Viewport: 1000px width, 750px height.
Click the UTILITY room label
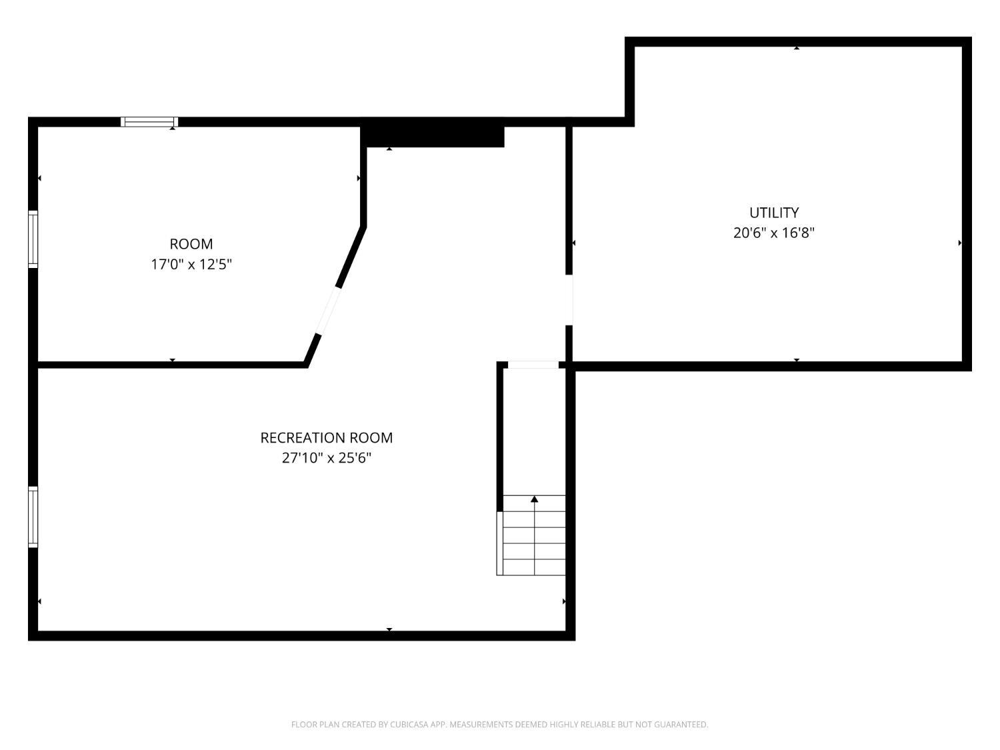point(774,213)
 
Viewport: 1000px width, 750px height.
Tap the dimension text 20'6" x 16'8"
point(774,233)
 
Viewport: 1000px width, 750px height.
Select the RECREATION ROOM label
point(327,438)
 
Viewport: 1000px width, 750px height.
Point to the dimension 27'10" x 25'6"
point(327,458)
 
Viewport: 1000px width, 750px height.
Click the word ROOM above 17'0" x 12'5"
point(191,244)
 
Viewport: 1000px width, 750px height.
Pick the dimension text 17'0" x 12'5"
point(191,264)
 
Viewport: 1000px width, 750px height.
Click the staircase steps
point(533,540)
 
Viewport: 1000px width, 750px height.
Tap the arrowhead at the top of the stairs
point(534,499)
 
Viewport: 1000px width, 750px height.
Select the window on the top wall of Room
point(149,122)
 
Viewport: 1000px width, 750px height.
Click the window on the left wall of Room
point(33,239)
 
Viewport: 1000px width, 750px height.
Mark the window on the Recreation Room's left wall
point(33,517)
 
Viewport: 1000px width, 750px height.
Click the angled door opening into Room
point(328,310)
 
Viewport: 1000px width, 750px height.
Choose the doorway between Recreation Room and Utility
point(569,299)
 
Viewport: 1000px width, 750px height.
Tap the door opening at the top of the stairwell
point(533,365)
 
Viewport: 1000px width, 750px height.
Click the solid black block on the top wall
point(433,135)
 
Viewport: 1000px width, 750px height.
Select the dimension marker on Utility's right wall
point(960,243)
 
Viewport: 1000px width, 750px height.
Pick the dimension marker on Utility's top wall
point(797,48)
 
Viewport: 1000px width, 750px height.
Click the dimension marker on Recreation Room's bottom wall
point(389,629)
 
